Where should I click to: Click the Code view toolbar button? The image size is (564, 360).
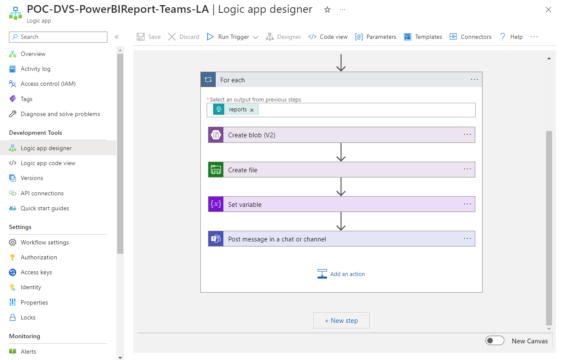tap(328, 37)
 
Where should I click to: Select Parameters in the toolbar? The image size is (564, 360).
tap(376, 37)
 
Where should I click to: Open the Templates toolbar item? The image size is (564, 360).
tap(423, 37)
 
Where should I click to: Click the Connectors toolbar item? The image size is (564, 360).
tap(470, 37)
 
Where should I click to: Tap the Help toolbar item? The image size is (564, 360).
tap(511, 37)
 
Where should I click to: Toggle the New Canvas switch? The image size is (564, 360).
tap(495, 341)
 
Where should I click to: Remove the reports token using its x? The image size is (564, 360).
tap(252, 110)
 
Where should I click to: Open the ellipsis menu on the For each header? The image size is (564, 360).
tap(474, 80)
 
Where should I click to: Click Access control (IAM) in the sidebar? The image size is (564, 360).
tap(48, 84)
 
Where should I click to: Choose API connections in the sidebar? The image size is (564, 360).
tap(42, 193)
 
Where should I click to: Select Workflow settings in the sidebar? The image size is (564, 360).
tap(44, 242)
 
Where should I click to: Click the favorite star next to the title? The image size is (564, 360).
tap(327, 10)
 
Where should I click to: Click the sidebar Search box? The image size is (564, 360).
tap(58, 37)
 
